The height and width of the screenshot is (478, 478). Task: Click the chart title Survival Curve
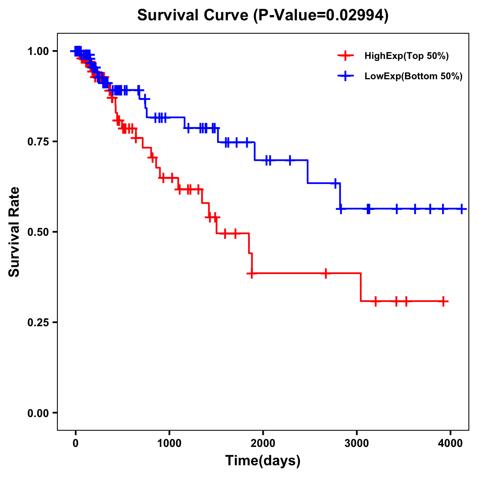194,16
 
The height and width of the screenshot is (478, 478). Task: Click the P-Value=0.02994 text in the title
322,16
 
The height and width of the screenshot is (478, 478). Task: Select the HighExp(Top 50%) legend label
406,56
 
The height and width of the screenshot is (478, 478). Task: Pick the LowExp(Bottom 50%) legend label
413,76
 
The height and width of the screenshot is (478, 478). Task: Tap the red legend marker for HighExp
345,56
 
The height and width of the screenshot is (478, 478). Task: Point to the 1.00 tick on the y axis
38,51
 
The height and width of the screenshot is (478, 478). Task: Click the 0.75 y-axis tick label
38,141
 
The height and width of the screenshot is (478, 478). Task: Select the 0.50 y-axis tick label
38,232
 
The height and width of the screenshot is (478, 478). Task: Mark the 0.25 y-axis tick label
38,322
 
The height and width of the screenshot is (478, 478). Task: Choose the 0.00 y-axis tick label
38,413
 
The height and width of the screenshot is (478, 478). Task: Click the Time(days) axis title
263,461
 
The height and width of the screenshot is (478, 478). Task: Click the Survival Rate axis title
14,232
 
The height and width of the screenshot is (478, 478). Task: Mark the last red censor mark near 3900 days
443,301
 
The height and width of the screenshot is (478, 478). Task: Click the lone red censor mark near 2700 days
326,273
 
